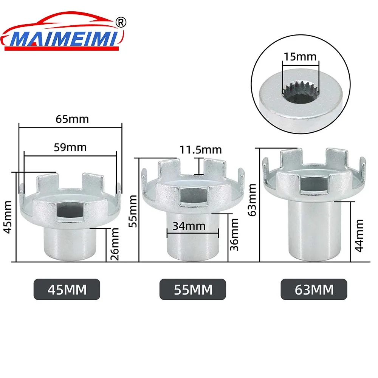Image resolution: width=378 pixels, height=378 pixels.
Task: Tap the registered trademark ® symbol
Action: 121,22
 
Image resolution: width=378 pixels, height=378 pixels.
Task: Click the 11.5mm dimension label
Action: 200,149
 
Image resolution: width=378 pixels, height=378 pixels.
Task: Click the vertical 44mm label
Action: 359,235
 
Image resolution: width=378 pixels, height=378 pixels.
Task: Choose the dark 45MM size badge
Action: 67,290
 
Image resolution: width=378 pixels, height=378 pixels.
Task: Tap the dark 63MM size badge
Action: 313,290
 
